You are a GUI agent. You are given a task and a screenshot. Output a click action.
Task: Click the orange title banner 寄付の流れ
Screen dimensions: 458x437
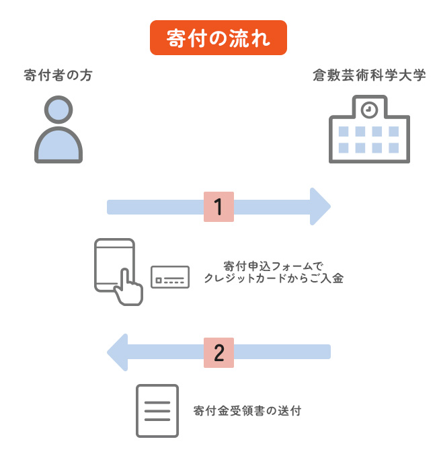pyautogui.click(x=218, y=38)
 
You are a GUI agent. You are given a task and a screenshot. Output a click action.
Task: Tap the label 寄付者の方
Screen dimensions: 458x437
pyautogui.click(x=58, y=75)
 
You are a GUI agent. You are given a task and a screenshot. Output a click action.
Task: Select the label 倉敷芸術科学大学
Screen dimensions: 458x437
pyautogui.click(x=369, y=75)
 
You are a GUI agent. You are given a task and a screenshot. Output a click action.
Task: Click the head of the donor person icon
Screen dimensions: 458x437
pyautogui.click(x=58, y=110)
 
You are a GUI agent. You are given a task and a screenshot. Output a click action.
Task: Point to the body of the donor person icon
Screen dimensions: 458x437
pyautogui.click(x=58, y=146)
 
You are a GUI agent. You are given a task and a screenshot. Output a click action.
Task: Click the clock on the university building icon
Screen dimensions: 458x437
pyautogui.click(x=368, y=108)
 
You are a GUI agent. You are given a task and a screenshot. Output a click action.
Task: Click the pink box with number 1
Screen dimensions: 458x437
pyautogui.click(x=218, y=206)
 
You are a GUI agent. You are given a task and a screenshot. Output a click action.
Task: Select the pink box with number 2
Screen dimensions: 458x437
pyautogui.click(x=218, y=352)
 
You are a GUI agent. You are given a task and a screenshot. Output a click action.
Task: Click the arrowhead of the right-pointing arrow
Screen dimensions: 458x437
pyautogui.click(x=319, y=206)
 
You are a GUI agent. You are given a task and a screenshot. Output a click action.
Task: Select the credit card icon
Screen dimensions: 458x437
pyautogui.click(x=170, y=277)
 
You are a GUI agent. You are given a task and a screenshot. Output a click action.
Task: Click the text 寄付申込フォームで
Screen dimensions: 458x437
pyautogui.click(x=273, y=265)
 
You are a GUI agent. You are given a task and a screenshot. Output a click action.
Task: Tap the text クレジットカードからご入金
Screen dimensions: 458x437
pyautogui.click(x=273, y=278)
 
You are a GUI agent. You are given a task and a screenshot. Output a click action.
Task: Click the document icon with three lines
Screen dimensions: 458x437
pyautogui.click(x=157, y=410)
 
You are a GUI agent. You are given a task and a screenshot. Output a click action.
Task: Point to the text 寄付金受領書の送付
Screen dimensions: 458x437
pyautogui.click(x=247, y=410)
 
